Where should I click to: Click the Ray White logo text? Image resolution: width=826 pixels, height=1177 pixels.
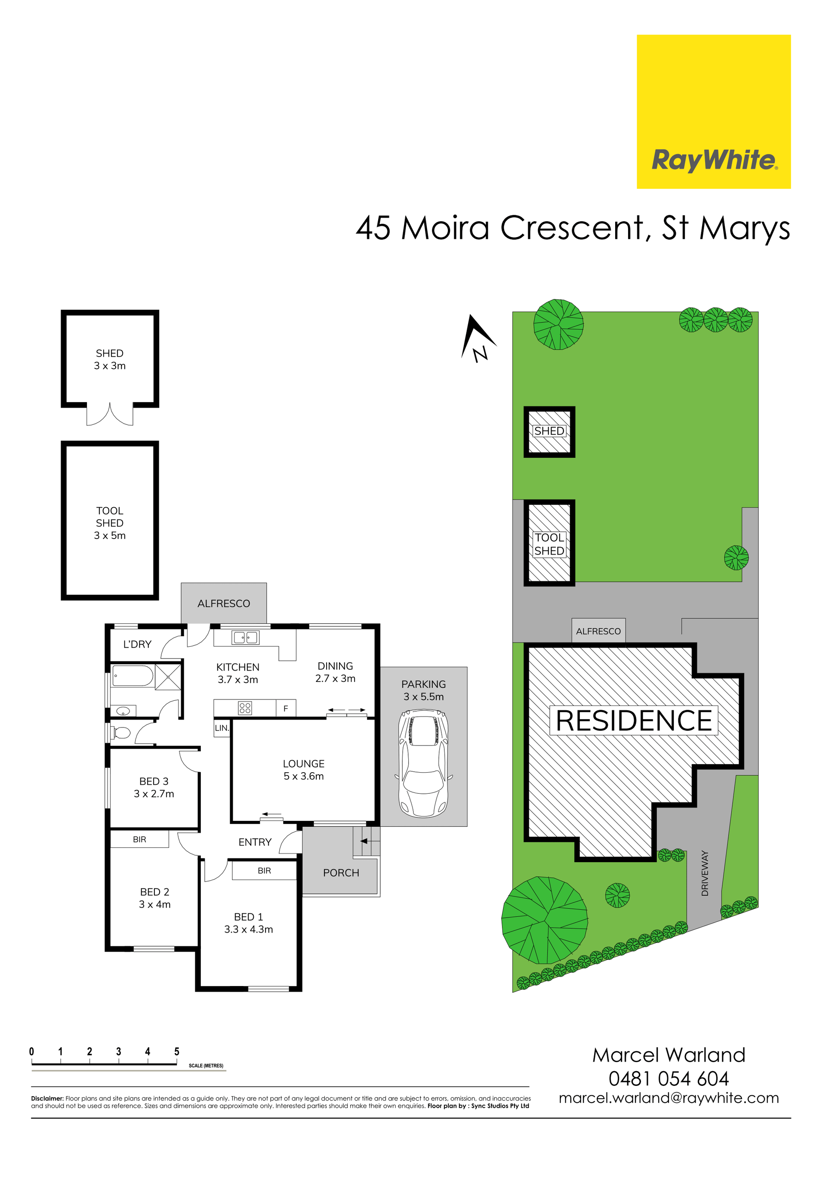(x=714, y=160)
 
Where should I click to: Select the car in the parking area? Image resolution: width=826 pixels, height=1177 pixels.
(x=423, y=763)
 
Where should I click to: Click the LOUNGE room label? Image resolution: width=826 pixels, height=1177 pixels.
(x=304, y=764)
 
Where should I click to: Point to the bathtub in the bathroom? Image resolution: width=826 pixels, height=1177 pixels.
(x=132, y=676)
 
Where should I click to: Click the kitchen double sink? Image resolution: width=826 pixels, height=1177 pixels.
(x=246, y=637)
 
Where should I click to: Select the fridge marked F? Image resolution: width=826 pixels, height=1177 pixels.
(x=286, y=708)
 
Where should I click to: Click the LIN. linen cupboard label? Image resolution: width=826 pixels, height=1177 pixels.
(x=222, y=728)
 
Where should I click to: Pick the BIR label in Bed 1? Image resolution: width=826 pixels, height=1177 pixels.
(x=264, y=870)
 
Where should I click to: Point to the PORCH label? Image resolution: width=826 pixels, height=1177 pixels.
(x=341, y=872)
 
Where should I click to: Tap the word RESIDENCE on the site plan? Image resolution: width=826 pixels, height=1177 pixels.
(x=634, y=720)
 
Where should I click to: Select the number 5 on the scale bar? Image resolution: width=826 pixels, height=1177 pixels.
(x=177, y=1051)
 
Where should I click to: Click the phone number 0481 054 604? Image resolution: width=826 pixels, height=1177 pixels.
(x=669, y=1079)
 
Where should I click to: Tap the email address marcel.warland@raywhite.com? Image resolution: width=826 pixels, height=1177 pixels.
(x=669, y=1099)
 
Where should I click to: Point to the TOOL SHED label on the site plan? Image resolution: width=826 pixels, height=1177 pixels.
(x=549, y=544)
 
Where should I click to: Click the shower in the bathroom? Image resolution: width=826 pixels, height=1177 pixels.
(x=168, y=677)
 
